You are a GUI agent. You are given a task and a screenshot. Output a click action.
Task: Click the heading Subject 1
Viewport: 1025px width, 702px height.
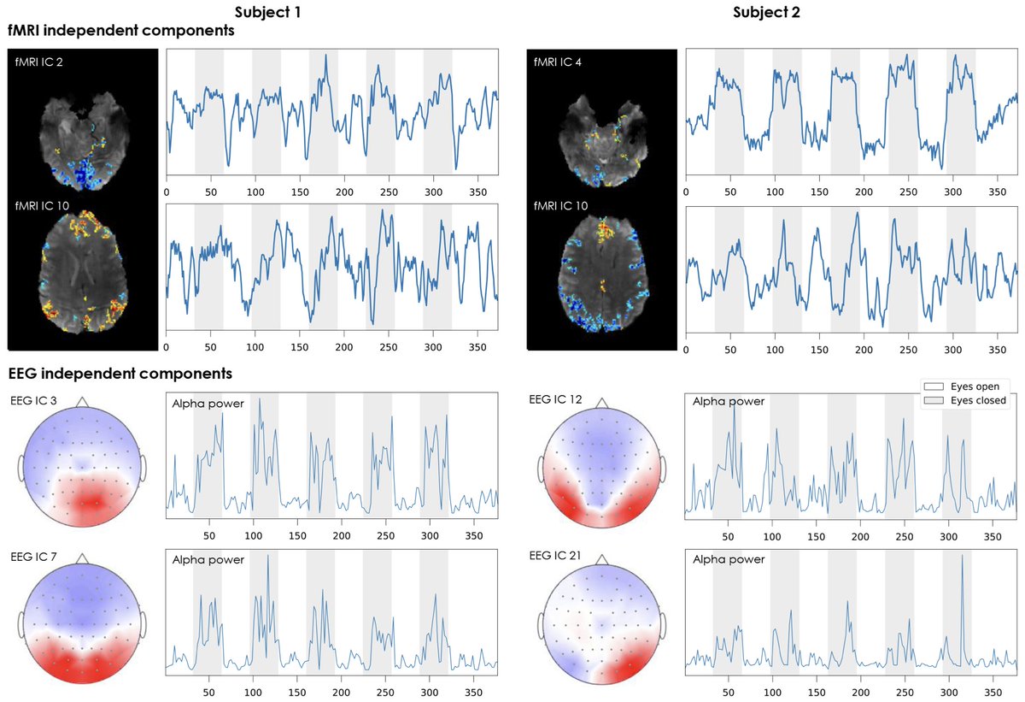tap(267, 12)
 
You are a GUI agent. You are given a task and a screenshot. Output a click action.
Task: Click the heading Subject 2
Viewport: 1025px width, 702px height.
tap(766, 12)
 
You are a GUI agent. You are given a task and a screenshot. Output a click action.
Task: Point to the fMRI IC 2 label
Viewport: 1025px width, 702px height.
tap(40, 62)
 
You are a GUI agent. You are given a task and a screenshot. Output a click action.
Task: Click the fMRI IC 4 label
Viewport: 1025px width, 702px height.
tap(560, 62)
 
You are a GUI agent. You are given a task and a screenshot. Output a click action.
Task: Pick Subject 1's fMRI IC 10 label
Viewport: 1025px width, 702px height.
tap(44, 206)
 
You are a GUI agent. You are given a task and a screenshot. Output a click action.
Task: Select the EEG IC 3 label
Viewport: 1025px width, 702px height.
tap(33, 399)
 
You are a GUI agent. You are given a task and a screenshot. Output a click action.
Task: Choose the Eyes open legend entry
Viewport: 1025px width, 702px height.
tap(965, 386)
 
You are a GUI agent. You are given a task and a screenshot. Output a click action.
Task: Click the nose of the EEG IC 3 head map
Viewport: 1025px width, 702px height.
tap(81, 402)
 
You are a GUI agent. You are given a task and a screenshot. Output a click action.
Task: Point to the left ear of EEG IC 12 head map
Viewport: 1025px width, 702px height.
tap(542, 469)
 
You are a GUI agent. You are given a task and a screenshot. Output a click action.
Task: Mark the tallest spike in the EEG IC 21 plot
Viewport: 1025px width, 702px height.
tap(962, 557)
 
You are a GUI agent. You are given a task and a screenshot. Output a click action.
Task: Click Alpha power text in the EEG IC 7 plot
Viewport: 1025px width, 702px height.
tap(208, 560)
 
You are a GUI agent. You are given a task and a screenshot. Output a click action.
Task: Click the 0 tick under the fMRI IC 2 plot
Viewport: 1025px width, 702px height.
tap(167, 192)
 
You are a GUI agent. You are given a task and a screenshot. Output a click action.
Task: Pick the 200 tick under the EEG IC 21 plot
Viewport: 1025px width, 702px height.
tap(861, 691)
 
